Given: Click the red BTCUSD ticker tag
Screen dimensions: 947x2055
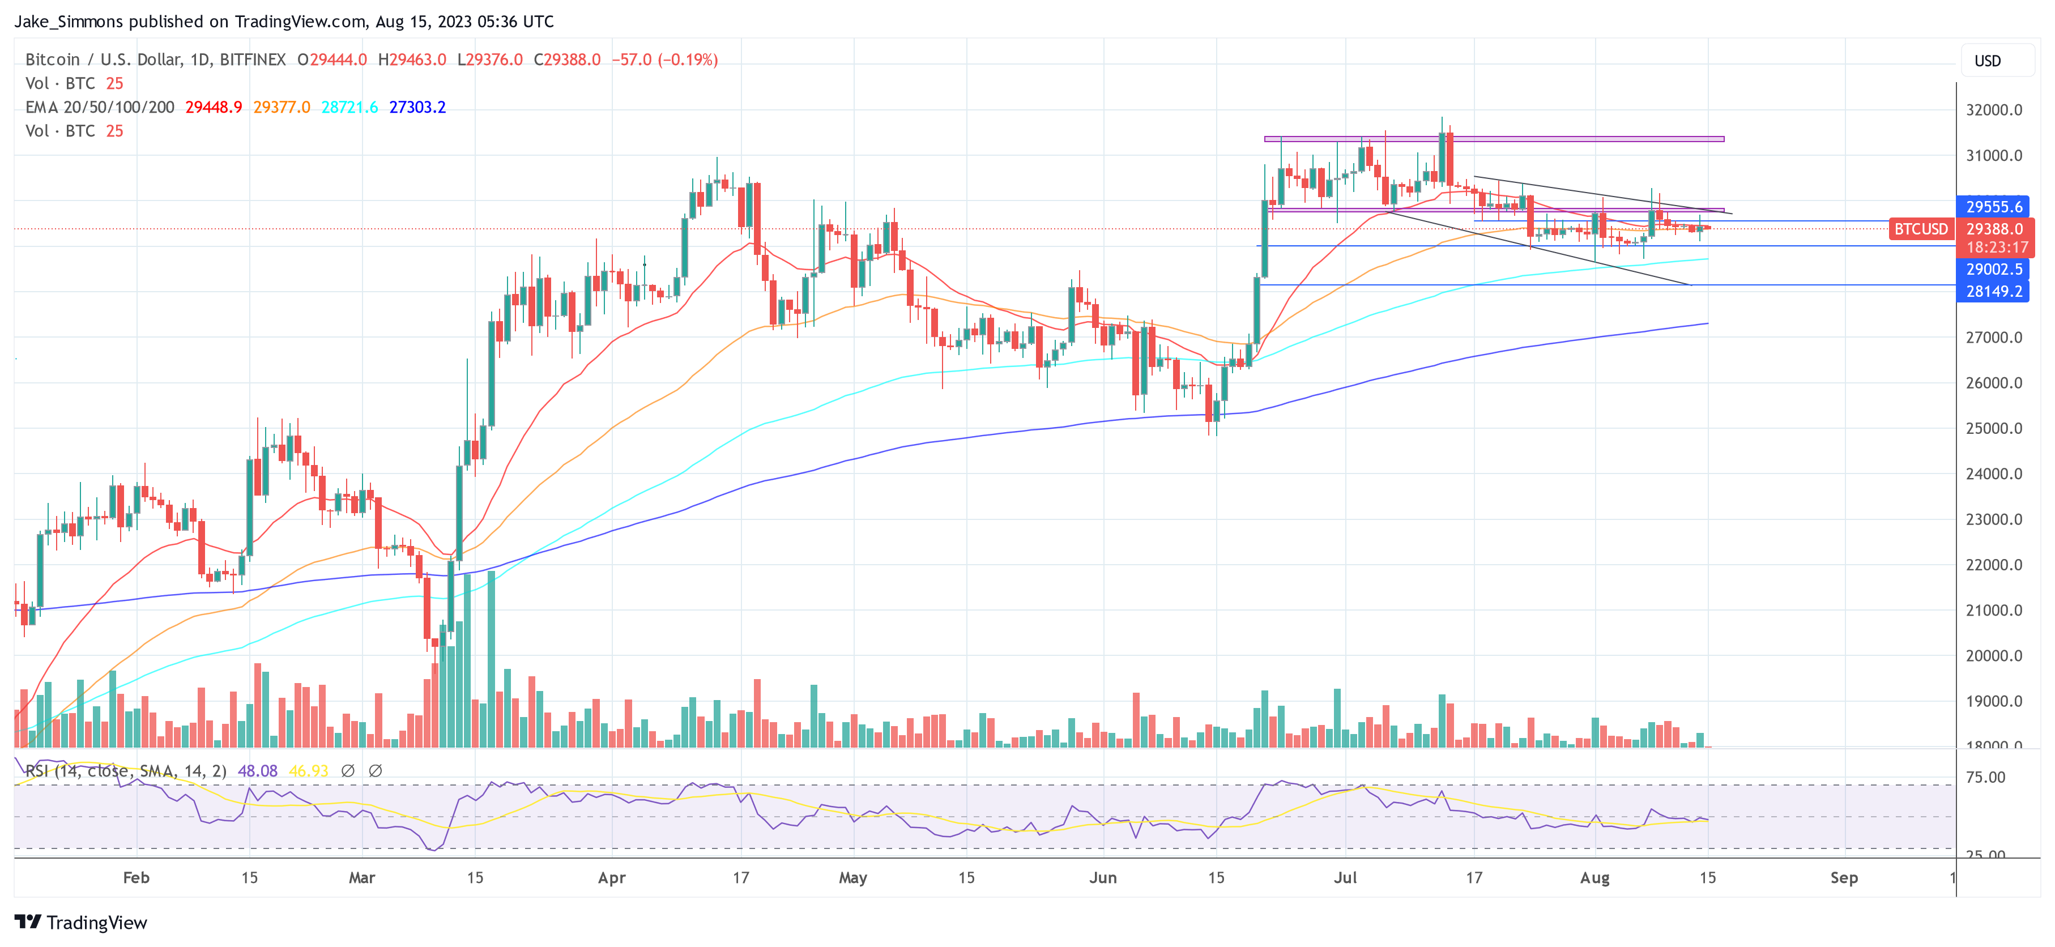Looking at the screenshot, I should [1920, 229].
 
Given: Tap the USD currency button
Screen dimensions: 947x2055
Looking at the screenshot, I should [1986, 61].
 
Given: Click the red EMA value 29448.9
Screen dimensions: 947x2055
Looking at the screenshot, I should [213, 107].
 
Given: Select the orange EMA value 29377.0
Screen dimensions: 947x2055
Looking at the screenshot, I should [282, 107].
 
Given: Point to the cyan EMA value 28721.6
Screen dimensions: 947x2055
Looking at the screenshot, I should [349, 107].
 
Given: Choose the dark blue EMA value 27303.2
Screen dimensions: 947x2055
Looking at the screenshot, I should [417, 107].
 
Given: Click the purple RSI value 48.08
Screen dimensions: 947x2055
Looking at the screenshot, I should [258, 771].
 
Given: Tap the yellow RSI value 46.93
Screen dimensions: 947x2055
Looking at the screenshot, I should [308, 771].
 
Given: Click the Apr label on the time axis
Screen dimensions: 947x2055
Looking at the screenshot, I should [612, 877].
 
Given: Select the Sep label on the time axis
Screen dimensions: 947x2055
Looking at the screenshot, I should [1844, 877].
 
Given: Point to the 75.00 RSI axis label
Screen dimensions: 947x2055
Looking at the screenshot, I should [1985, 777].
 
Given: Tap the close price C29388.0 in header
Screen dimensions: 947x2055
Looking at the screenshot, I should [566, 60].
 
